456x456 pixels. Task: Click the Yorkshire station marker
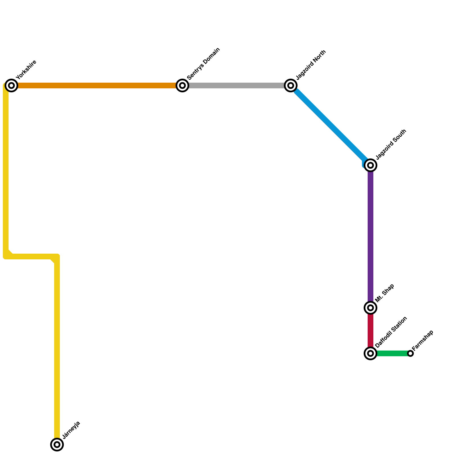(11, 85)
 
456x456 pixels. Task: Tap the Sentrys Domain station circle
(182, 85)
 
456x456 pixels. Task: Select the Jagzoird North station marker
(291, 85)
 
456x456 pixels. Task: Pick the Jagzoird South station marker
(370, 165)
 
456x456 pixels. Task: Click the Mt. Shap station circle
(370, 308)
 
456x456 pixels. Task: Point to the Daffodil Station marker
(370, 353)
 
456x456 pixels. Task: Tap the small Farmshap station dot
(410, 353)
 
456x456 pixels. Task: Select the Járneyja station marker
(57, 444)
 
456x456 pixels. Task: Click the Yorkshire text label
(27, 70)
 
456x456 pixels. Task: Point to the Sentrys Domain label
(203, 64)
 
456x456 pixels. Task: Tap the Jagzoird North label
(311, 65)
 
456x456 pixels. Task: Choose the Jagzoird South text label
(391, 144)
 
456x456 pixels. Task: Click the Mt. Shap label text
(385, 293)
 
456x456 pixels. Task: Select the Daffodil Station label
(391, 332)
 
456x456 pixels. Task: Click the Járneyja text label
(72, 430)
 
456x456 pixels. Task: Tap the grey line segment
(237, 85)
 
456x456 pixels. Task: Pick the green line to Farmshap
(392, 353)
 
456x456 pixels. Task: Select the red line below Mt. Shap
(370, 331)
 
